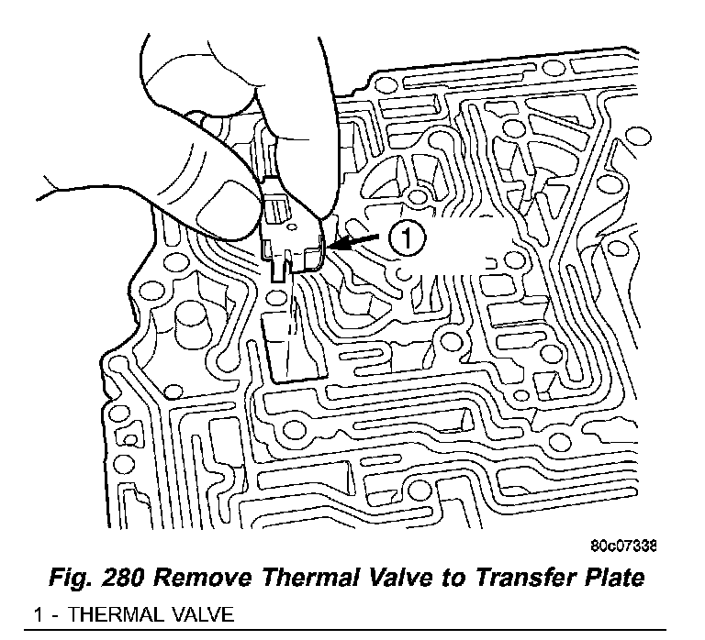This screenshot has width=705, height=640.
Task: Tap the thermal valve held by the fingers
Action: pyautogui.click(x=291, y=236)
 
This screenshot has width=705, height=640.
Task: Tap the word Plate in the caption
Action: pyautogui.click(x=613, y=579)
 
